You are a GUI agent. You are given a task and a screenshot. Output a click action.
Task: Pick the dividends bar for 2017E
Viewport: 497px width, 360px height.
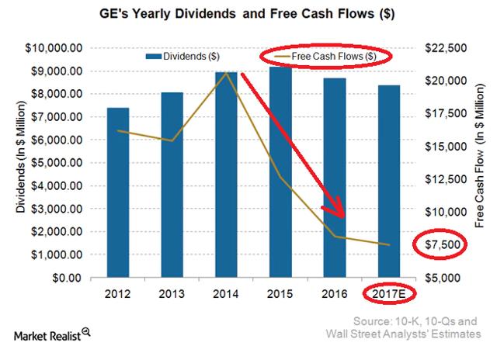pos(388,182)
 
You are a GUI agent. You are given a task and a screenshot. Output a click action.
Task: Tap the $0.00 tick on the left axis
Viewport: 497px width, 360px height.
pos(67,278)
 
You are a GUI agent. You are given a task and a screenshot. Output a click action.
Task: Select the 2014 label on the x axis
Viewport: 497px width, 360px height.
pos(226,294)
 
